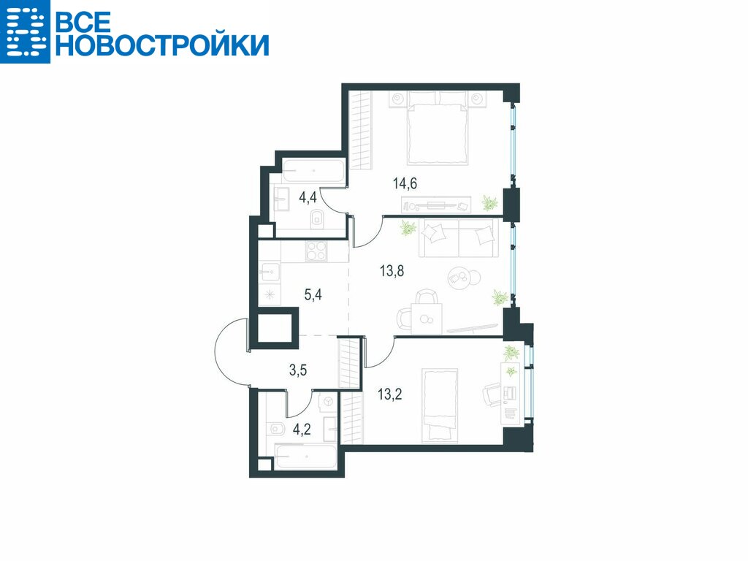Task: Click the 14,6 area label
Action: coord(405,183)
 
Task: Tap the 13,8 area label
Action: coord(392,271)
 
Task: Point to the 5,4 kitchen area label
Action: coord(313,294)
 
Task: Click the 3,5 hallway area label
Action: coord(298,370)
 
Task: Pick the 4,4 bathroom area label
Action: coord(308,197)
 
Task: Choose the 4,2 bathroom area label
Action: coord(302,430)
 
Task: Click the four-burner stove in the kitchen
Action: coord(316,251)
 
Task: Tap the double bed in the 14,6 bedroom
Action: coord(437,128)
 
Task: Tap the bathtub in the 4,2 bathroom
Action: coord(306,457)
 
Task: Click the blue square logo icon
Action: coord(25,31)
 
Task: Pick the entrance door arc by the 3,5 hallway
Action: coord(219,351)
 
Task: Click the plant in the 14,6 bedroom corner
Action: coord(489,203)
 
